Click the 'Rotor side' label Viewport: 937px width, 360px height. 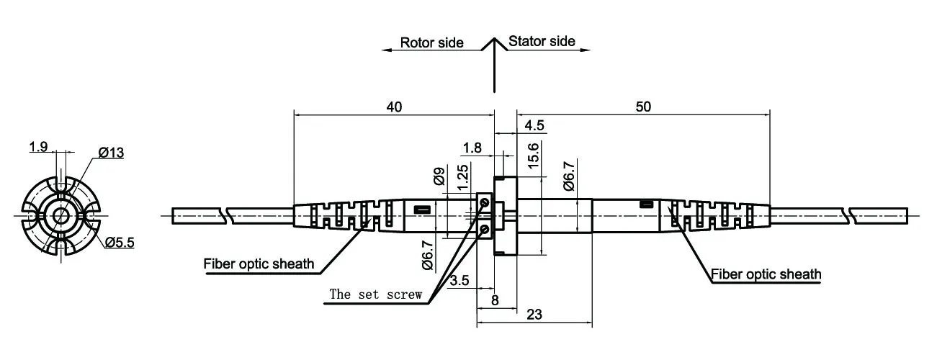point(431,42)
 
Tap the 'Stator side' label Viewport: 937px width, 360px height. point(542,41)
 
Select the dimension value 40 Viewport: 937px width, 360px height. point(394,107)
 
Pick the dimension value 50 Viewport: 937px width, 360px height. point(643,107)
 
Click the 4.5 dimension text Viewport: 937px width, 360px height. point(534,125)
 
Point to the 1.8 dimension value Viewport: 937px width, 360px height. point(472,148)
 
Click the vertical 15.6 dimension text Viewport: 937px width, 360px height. point(533,156)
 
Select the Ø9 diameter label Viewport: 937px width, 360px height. point(439,176)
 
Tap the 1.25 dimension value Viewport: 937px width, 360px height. point(462,177)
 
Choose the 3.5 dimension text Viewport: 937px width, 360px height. point(459,280)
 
